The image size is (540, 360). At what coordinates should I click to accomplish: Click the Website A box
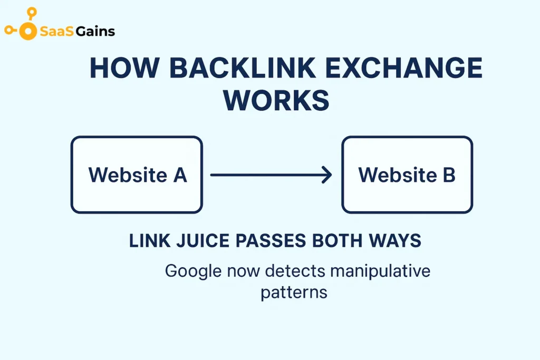coord(137,174)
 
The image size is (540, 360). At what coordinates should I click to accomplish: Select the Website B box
coord(407,174)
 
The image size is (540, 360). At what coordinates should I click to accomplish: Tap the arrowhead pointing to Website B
coord(327,175)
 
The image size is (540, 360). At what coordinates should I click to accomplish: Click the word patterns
coord(294,292)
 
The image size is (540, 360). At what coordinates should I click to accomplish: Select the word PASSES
coord(271,241)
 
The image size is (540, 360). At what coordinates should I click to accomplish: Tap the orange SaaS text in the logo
coord(56,32)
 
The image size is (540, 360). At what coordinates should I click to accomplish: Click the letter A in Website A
coord(180,175)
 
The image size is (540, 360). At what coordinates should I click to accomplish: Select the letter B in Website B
coord(449,175)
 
